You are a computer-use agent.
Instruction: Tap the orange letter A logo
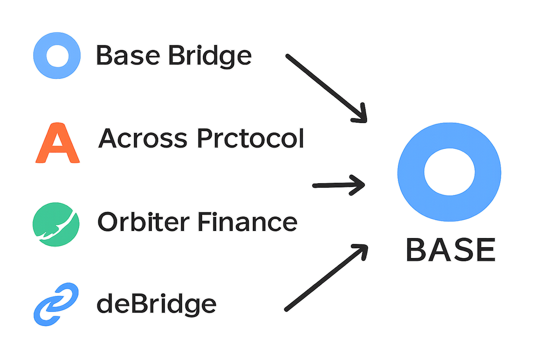coord(57,143)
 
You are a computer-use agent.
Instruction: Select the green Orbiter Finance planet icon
coord(56,224)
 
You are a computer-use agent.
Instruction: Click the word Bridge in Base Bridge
coord(210,56)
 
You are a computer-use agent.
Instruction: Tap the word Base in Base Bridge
coord(128,56)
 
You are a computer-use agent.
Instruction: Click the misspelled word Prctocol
coord(250,138)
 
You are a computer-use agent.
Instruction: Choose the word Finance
coord(247,222)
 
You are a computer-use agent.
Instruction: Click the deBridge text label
coord(156,304)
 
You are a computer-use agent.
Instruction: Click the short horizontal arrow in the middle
coord(338,185)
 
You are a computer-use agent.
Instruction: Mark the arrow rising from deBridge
coord(326,278)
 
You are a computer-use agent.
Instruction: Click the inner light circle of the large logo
coord(449,172)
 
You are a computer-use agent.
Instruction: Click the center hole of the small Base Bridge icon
coord(57,56)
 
